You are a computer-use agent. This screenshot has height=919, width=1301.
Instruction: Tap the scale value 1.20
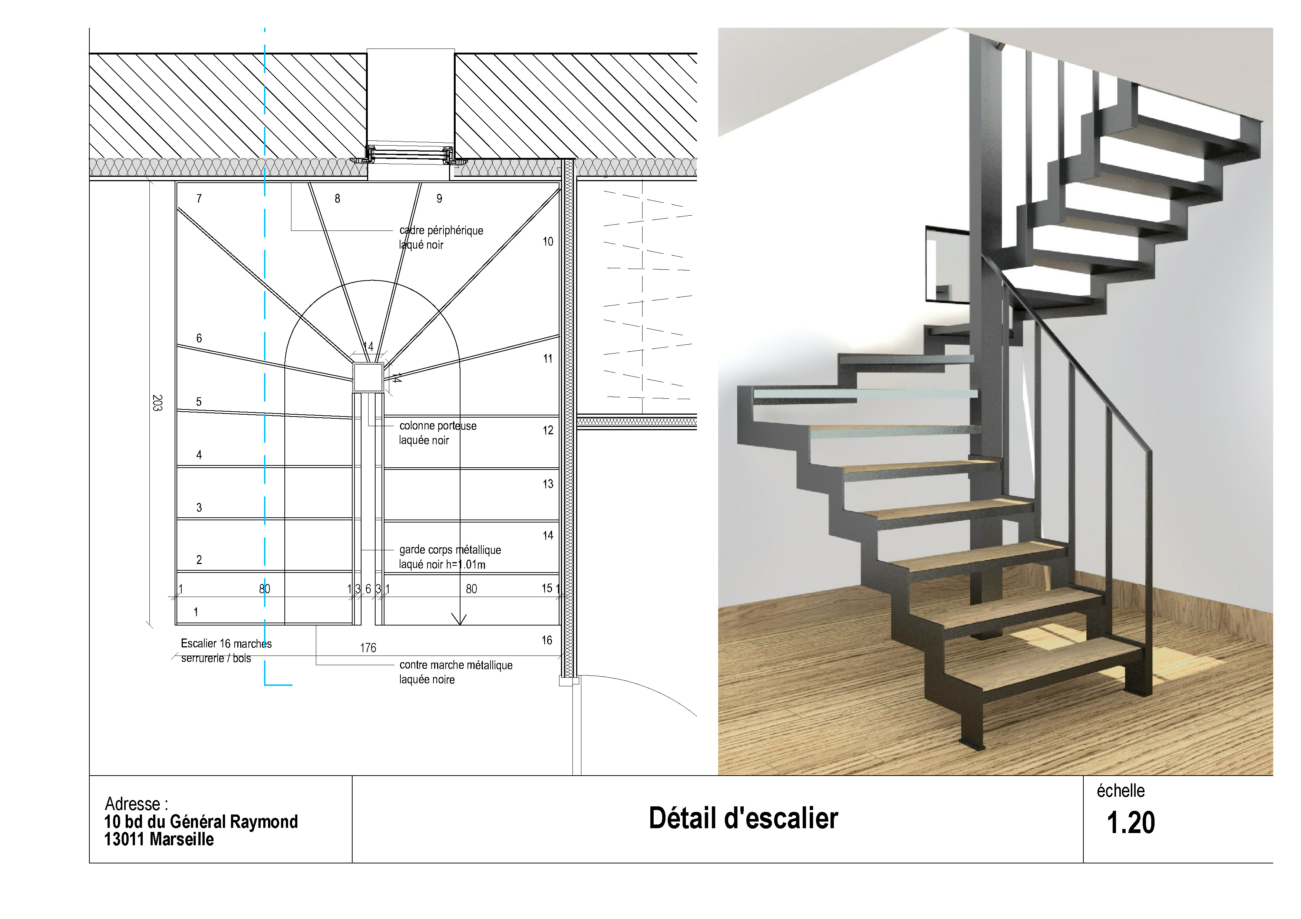(1130, 823)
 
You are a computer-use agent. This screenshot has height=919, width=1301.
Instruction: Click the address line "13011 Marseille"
(159, 839)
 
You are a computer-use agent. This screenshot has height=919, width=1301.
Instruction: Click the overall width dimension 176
(368, 648)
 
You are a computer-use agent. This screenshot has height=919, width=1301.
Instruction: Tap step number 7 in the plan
(199, 199)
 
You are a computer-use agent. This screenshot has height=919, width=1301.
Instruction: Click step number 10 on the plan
(547, 242)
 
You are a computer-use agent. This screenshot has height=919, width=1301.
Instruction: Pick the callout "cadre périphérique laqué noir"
(441, 237)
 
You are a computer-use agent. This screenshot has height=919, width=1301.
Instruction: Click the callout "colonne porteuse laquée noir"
(437, 432)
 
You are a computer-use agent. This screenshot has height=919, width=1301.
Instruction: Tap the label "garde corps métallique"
(450, 550)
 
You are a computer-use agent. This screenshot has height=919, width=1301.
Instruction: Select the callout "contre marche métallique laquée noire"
(456, 672)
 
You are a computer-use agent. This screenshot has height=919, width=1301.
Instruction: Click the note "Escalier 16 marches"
(226, 644)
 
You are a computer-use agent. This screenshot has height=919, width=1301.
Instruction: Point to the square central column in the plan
(368, 376)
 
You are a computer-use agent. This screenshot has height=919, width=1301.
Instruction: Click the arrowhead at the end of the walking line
(459, 620)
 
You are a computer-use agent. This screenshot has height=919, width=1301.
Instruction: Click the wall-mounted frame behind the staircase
(946, 265)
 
